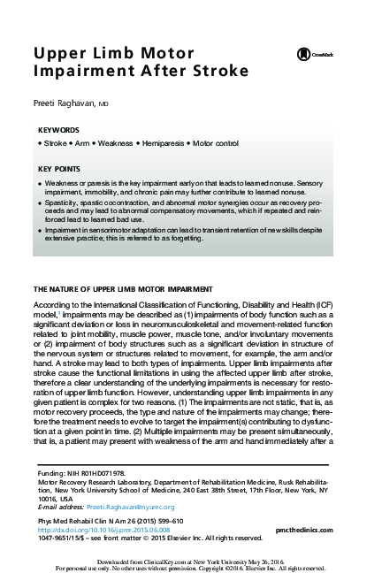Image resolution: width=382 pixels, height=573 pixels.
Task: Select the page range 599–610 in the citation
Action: coord(158,520)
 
